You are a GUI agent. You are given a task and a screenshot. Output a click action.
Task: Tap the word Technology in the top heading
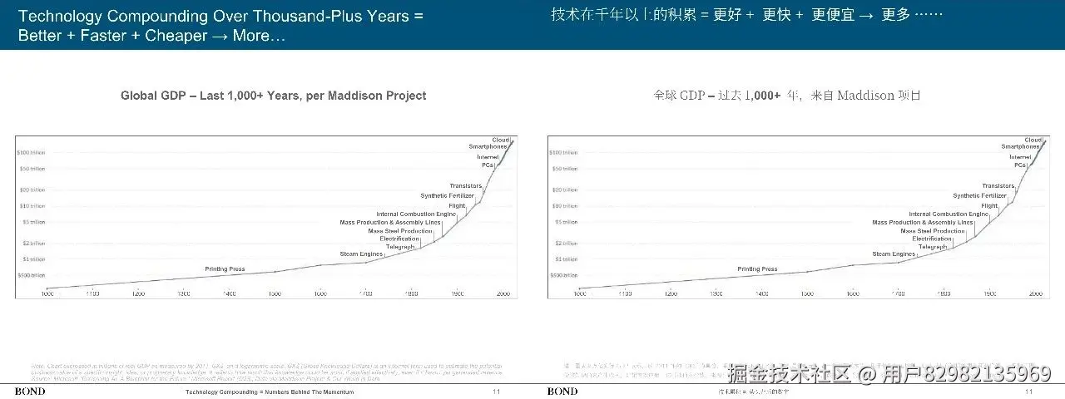pyautogui.click(x=62, y=16)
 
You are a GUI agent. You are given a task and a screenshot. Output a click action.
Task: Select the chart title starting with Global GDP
pyautogui.click(x=273, y=96)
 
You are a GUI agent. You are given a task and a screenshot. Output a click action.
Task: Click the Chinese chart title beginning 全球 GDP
pyautogui.click(x=786, y=96)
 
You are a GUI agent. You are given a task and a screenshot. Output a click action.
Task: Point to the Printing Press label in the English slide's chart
pyautogui.click(x=225, y=269)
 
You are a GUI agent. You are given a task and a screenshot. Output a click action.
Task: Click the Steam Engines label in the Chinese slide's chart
pyautogui.click(x=893, y=254)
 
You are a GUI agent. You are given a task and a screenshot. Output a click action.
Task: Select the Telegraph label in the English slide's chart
pyautogui.click(x=400, y=247)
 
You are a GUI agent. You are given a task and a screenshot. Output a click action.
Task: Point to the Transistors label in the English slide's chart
pyautogui.click(x=465, y=186)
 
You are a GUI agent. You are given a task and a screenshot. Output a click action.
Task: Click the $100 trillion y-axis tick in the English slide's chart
pyautogui.click(x=31, y=153)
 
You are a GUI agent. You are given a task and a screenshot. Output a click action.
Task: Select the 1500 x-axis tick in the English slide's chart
pyautogui.click(x=275, y=294)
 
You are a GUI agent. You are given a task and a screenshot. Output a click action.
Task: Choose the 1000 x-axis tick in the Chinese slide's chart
pyautogui.click(x=579, y=294)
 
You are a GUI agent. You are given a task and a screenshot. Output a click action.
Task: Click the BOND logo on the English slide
pyautogui.click(x=30, y=392)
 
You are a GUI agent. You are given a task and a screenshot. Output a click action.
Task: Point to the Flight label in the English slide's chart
pyautogui.click(x=456, y=205)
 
